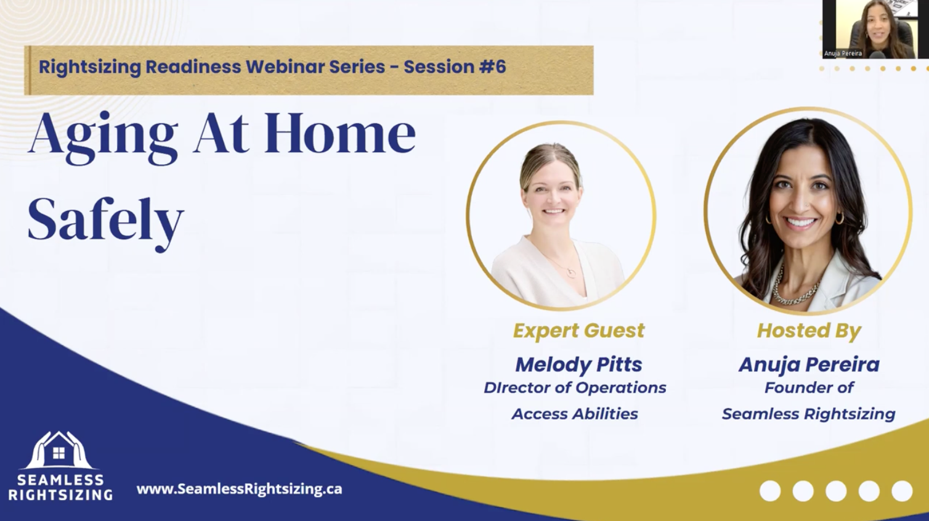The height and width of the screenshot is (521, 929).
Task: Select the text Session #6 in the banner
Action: pyautogui.click(x=455, y=67)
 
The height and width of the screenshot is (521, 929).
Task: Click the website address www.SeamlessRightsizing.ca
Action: pyautogui.click(x=239, y=488)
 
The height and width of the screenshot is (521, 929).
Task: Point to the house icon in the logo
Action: pyautogui.click(x=59, y=451)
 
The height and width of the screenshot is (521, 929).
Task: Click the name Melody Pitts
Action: pyautogui.click(x=578, y=364)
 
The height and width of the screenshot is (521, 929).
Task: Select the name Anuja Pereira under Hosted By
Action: pyautogui.click(x=809, y=364)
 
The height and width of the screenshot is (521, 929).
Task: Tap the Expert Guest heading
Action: pyautogui.click(x=578, y=330)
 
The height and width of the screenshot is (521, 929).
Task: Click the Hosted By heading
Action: pyautogui.click(x=809, y=330)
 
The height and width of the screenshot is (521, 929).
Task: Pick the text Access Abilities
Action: pyautogui.click(x=575, y=414)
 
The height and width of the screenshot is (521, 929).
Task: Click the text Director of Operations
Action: pyautogui.click(x=575, y=388)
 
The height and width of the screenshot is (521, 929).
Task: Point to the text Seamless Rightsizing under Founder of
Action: pyautogui.click(x=809, y=414)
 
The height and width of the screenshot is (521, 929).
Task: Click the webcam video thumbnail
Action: pyautogui.click(x=875, y=29)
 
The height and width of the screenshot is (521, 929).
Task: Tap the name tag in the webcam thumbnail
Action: pyautogui.click(x=843, y=53)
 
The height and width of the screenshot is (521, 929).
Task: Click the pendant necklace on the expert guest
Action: pyautogui.click(x=572, y=273)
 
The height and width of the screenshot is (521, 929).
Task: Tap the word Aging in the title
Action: pyautogui.click(x=103, y=137)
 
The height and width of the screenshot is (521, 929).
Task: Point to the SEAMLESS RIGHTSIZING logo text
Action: pyautogui.click(x=60, y=487)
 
